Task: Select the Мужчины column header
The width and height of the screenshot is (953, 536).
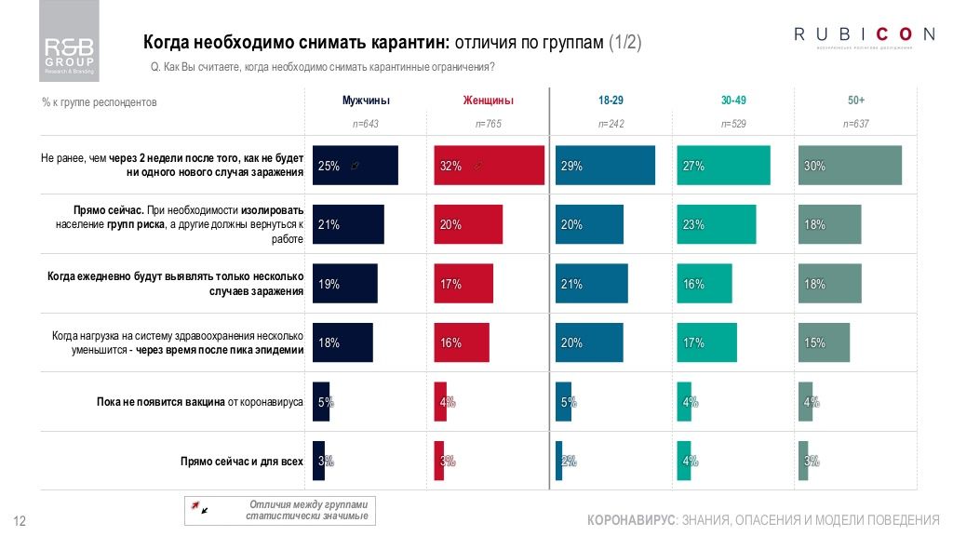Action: tap(366, 100)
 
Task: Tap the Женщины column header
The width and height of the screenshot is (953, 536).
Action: tap(488, 100)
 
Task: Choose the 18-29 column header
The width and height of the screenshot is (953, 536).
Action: tap(611, 100)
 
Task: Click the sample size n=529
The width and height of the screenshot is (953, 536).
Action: tap(732, 123)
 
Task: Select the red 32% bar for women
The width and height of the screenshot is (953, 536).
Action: tap(490, 166)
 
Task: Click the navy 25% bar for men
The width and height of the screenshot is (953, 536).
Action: tap(356, 166)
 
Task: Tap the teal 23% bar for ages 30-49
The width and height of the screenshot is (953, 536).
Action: tap(717, 224)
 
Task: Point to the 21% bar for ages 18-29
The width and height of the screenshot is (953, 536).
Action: tap(592, 284)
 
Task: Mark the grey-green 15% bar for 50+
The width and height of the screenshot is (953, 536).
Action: tap(825, 342)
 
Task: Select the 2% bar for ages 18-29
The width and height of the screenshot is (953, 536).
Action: tap(559, 461)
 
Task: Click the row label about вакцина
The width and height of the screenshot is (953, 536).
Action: tap(200, 402)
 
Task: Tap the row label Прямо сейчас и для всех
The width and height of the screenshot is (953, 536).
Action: tap(242, 461)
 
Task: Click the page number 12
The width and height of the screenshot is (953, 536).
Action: tap(18, 519)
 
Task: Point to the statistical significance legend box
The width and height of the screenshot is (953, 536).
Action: tap(282, 510)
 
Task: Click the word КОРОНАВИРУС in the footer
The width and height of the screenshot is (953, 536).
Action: tap(632, 518)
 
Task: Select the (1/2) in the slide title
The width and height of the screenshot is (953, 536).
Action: tap(624, 43)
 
